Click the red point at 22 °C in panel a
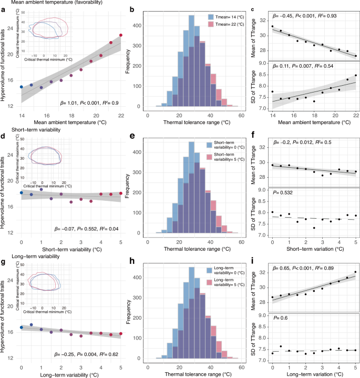[121, 35]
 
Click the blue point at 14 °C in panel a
[21, 87]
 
